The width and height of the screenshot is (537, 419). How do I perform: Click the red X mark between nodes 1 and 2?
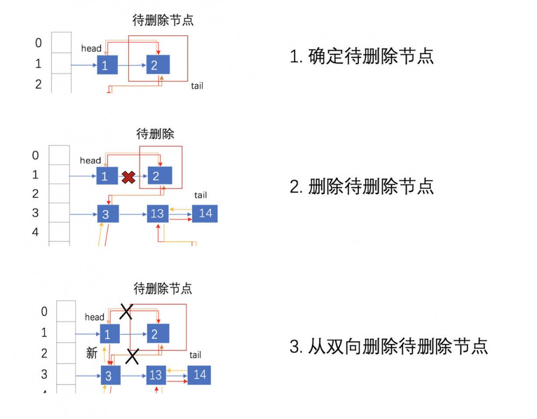(x=128, y=177)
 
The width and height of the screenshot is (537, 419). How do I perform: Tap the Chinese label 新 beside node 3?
(x=92, y=353)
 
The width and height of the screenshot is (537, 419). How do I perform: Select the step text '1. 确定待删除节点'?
(x=361, y=56)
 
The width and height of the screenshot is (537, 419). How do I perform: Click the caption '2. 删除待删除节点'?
(x=361, y=186)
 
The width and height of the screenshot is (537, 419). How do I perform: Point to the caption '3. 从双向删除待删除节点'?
(x=388, y=346)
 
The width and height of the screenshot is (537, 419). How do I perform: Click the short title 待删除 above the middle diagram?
(x=155, y=134)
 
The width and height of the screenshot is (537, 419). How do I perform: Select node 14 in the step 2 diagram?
(x=205, y=214)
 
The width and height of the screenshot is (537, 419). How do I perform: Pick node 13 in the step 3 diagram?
(x=156, y=375)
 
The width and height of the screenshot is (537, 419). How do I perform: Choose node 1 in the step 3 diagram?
(x=108, y=334)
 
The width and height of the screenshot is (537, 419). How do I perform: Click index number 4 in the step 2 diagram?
(x=35, y=232)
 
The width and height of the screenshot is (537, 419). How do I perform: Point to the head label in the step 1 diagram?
(x=91, y=48)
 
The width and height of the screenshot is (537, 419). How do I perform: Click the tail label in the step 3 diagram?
(x=195, y=355)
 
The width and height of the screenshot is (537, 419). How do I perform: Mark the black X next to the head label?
(x=126, y=311)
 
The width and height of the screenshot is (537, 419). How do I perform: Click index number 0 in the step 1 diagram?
(x=38, y=43)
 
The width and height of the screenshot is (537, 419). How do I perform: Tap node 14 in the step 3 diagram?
(x=199, y=374)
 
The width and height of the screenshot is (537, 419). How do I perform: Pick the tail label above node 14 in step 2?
(x=200, y=195)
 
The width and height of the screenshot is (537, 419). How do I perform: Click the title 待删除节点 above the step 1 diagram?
(x=163, y=20)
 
